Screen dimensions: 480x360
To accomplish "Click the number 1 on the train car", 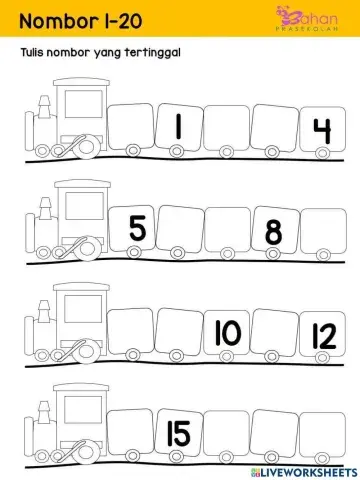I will coord(177,127).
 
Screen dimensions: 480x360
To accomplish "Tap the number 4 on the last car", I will coord(321,131).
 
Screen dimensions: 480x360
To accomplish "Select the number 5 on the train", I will coord(137,230).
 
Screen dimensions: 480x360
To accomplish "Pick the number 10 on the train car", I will coord(227,332).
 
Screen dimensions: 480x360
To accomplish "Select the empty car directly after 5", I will coord(182,231).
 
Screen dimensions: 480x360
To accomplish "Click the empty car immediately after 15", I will coord(228,434).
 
